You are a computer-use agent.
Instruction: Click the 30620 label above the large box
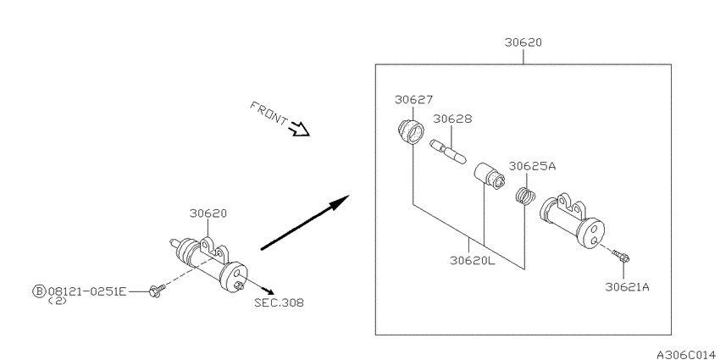[x=523, y=42]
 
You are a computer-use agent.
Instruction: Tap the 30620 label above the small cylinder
[x=208, y=213]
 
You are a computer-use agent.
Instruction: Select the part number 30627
[x=413, y=100]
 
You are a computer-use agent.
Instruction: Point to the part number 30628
[x=452, y=119]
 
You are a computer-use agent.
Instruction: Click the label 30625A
[x=532, y=166]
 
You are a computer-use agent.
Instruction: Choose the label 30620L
[x=473, y=260]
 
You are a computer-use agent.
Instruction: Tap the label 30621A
[x=627, y=287]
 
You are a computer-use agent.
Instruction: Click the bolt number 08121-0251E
[x=86, y=291]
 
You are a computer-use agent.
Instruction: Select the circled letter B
[x=39, y=291]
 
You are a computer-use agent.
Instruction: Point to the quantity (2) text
[x=58, y=302]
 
